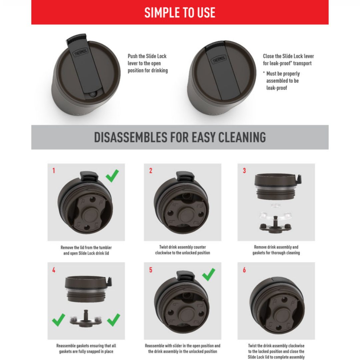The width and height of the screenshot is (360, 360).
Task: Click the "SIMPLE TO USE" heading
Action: (180, 13)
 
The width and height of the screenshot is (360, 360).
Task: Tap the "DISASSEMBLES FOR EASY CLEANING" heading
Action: (180, 137)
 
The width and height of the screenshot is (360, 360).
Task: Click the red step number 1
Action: (54, 171)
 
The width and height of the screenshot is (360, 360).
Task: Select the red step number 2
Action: (151, 171)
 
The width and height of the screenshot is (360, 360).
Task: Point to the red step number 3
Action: (244, 171)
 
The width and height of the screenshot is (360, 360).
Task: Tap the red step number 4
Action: (54, 270)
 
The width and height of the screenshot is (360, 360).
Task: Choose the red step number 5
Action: (151, 270)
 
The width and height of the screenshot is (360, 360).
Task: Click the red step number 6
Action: (244, 270)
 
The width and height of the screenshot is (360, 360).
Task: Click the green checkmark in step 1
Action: (112, 176)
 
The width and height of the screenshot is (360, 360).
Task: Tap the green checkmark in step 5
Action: (209, 275)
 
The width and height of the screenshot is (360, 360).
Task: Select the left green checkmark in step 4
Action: (59, 320)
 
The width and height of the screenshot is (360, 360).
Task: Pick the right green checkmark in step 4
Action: (114, 320)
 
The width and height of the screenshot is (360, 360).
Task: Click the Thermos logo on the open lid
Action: (80, 53)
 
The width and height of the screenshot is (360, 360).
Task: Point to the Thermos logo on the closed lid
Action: (219, 59)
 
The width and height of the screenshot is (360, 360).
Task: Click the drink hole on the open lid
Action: (92, 94)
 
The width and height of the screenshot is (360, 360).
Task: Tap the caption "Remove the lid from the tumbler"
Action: (86, 247)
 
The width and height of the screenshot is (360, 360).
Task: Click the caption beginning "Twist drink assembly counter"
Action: (183, 250)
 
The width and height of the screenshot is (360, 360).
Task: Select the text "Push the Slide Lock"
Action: (147, 56)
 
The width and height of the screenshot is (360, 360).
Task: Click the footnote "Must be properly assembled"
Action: (283, 81)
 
